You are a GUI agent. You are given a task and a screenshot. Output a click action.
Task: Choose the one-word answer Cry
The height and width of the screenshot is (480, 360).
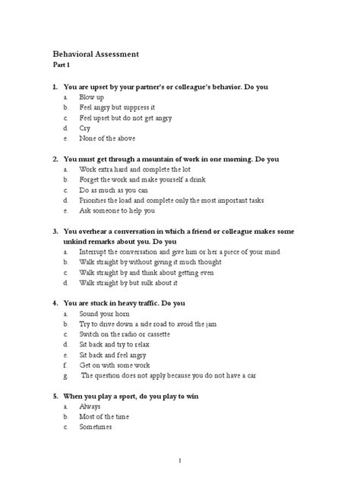86,128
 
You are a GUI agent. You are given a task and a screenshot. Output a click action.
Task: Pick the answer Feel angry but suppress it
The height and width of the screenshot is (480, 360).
117,108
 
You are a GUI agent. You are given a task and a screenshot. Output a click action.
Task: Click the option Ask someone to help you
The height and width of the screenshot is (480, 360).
115,210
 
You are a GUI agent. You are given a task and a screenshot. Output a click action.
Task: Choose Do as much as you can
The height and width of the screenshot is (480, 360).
112,190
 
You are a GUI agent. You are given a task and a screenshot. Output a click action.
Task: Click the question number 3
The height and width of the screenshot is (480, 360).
55,231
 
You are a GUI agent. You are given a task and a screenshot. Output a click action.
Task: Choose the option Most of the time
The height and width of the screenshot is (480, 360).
105,416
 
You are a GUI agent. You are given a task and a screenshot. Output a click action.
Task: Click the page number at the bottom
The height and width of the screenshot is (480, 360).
179,460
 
